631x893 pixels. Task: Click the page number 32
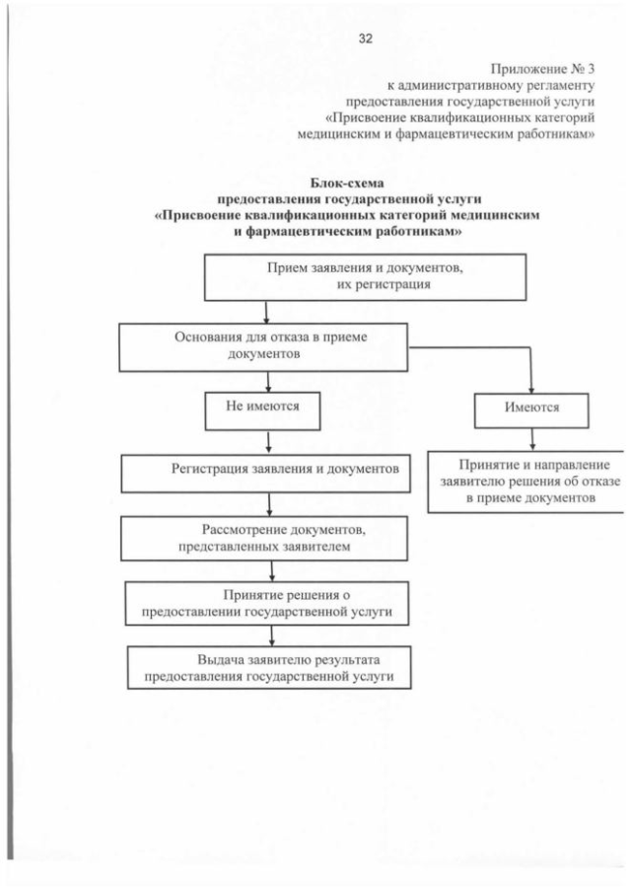pos(365,39)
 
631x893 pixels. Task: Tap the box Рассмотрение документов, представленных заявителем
pos(265,536)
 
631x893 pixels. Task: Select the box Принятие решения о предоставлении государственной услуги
pos(267,603)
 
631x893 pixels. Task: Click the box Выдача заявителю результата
pos(268,667)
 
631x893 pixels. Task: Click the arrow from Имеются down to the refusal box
pos(532,438)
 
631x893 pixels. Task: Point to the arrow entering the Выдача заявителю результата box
pos(269,635)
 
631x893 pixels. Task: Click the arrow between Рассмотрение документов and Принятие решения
pos(269,569)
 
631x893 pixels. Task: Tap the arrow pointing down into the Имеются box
pos(532,383)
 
